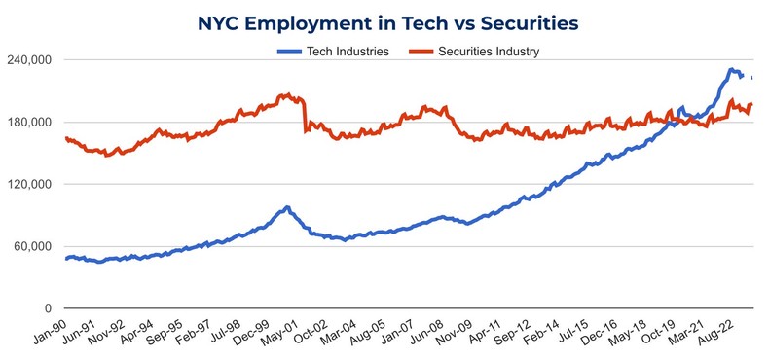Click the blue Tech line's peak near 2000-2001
[x=286, y=207]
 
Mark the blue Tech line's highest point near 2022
[x=731, y=69]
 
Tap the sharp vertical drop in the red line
[x=306, y=115]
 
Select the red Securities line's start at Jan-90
[x=66, y=138]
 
